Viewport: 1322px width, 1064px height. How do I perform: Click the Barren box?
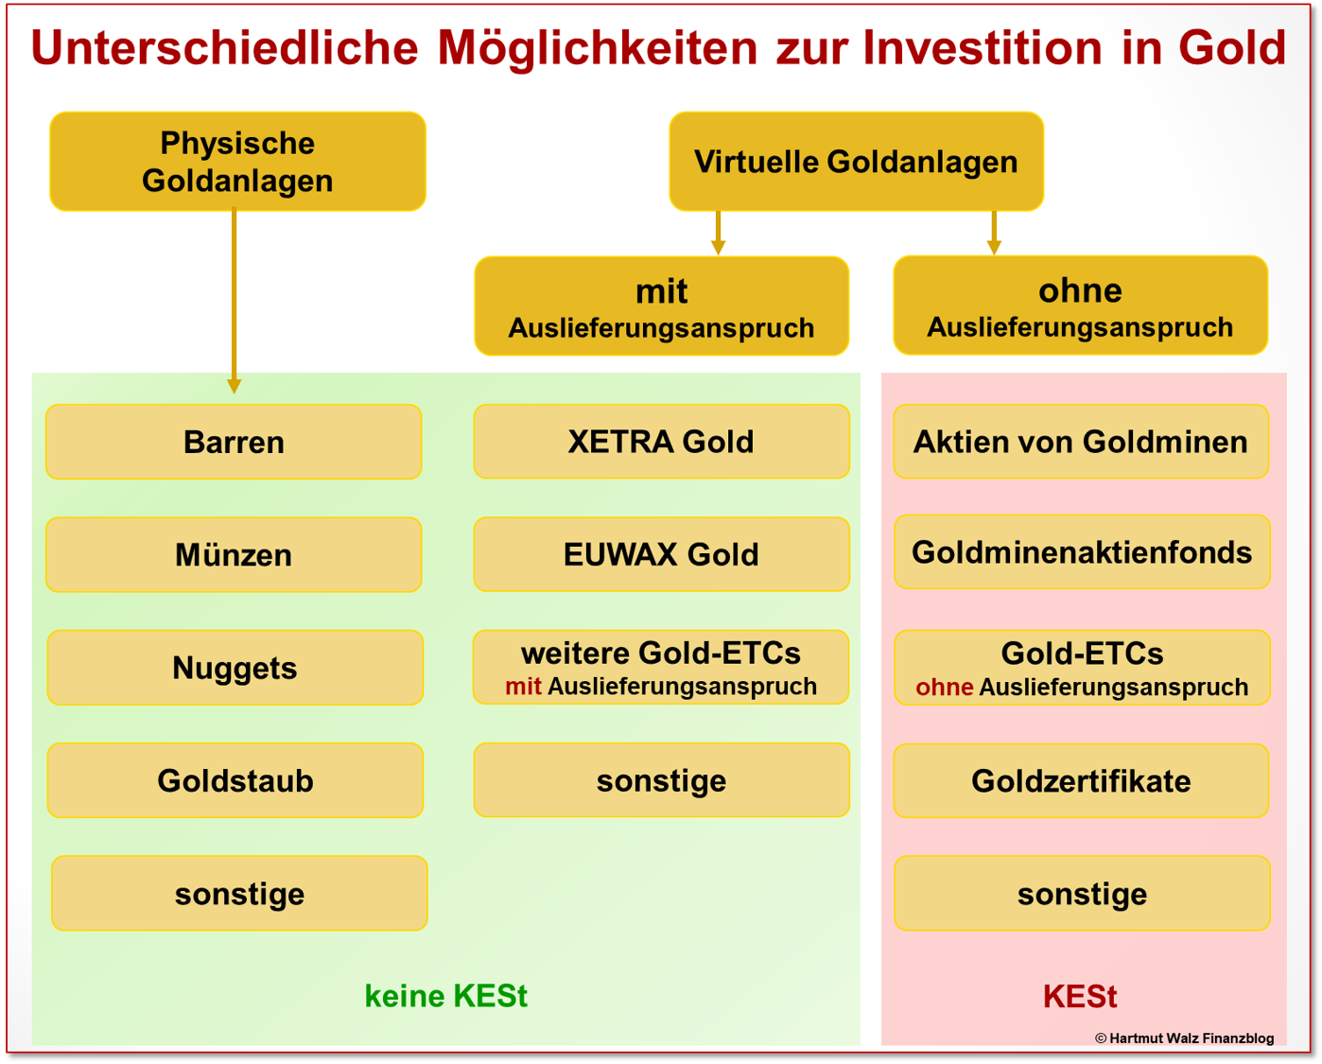(x=234, y=442)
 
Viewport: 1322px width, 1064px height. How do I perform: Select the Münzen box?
(x=234, y=554)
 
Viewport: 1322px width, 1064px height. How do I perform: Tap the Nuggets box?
(x=235, y=668)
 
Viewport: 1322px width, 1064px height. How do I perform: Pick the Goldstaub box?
(x=235, y=780)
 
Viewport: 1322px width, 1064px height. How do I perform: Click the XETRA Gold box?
(x=661, y=442)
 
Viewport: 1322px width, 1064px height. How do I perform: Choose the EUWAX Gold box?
(x=661, y=554)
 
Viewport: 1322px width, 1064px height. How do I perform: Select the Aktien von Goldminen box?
(x=1080, y=442)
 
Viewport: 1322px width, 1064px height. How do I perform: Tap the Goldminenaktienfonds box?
(x=1081, y=552)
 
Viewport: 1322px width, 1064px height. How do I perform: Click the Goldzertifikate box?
(x=1080, y=780)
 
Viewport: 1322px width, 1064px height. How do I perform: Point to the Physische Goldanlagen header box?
(x=237, y=162)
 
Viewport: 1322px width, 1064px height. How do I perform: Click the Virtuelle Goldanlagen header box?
(x=856, y=162)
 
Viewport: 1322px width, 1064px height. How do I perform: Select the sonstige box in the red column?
(x=1082, y=894)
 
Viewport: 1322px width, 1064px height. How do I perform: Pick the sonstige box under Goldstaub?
(x=239, y=894)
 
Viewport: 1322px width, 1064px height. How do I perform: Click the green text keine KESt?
(x=445, y=996)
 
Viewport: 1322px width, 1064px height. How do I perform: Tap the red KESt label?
(x=1079, y=996)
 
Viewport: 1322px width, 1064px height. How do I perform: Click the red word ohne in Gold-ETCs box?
(x=944, y=688)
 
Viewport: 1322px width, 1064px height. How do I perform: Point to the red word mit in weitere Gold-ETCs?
(x=523, y=687)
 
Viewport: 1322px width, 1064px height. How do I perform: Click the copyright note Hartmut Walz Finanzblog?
(x=1184, y=1038)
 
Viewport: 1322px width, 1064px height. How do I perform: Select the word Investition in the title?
(x=983, y=47)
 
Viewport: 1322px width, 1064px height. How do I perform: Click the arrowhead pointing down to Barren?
(x=234, y=386)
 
